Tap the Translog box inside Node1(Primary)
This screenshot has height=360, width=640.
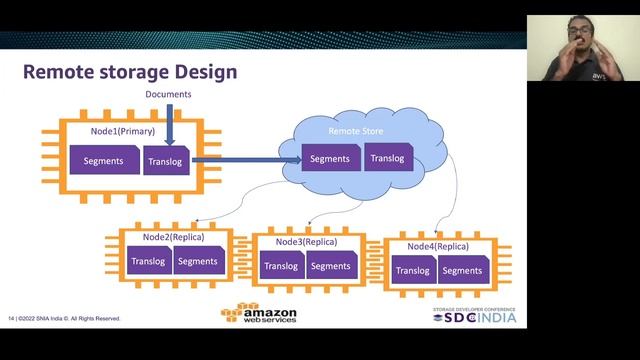(165, 161)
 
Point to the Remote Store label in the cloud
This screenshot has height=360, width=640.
(357, 132)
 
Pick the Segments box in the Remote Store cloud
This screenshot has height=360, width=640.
(329, 159)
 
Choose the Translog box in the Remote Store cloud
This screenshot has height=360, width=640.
(388, 159)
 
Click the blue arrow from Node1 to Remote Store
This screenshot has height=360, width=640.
(240, 158)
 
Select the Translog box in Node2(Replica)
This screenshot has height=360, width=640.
(147, 262)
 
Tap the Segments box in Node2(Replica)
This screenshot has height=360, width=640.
(196, 262)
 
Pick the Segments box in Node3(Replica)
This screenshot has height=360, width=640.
(329, 266)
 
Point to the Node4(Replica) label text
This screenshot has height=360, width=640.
(438, 246)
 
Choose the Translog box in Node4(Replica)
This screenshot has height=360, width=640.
(413, 270)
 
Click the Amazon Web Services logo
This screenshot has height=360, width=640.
(259, 314)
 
